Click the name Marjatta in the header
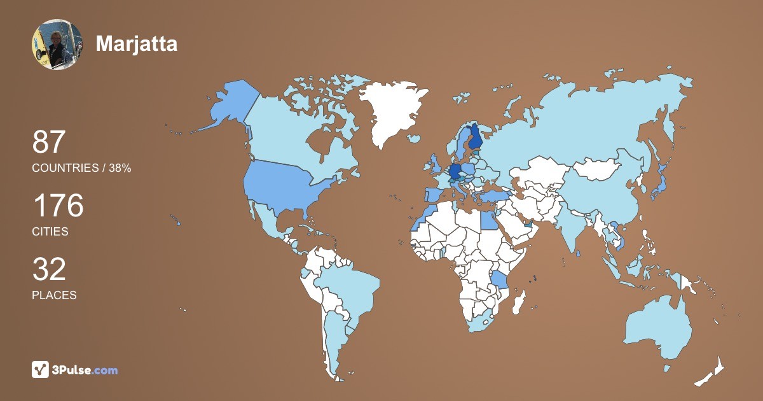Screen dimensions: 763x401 click(136, 43)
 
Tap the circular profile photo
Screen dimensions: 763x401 click(57, 45)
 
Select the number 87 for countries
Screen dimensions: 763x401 click(49, 142)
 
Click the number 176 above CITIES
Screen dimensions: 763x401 click(58, 206)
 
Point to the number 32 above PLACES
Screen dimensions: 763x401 click(49, 269)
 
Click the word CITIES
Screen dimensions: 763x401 click(50, 232)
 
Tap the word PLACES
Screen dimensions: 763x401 click(54, 295)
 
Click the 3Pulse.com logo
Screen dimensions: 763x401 click(74, 369)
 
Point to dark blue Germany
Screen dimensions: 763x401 click(455, 171)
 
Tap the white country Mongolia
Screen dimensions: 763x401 click(598, 169)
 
